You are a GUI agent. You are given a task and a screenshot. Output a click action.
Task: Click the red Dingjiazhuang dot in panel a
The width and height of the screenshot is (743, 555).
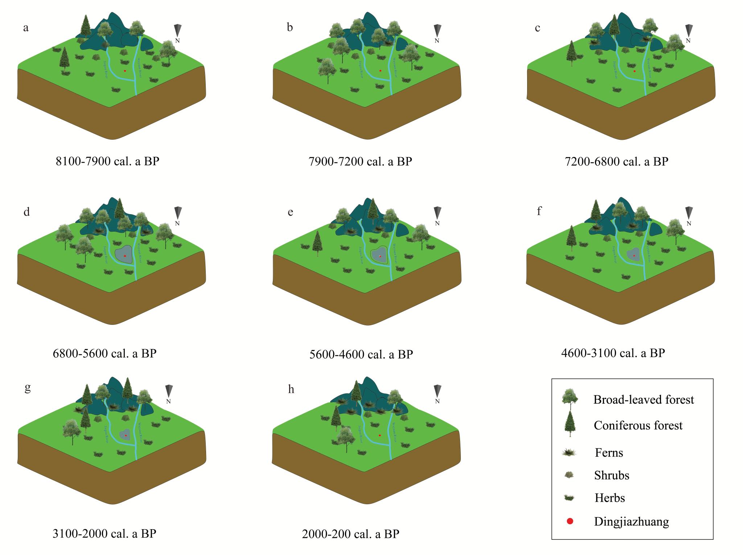pyautogui.click(x=125, y=71)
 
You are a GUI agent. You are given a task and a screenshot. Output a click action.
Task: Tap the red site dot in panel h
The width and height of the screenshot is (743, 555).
pyautogui.click(x=380, y=435)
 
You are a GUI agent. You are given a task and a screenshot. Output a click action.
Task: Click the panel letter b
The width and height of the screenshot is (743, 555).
pyautogui.click(x=290, y=28)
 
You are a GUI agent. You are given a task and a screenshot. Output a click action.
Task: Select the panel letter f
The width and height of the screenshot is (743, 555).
pyautogui.click(x=539, y=211)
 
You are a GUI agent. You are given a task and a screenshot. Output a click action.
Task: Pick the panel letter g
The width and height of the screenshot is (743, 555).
pyautogui.click(x=27, y=388)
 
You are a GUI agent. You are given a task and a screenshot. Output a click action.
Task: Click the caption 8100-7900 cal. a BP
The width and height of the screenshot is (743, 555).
pyautogui.click(x=107, y=161)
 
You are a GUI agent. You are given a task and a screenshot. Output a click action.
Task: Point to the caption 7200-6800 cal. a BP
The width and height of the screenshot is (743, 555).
pyautogui.click(x=616, y=161)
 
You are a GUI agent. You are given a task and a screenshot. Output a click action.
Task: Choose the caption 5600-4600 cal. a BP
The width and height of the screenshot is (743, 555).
pyautogui.click(x=361, y=354)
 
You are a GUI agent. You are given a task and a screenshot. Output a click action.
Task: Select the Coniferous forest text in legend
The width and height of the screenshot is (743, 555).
pyautogui.click(x=638, y=425)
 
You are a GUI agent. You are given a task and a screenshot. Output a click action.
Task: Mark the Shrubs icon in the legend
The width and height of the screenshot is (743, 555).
pyautogui.click(x=569, y=475)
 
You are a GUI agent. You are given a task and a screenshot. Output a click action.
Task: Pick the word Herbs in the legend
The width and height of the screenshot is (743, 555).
pyautogui.click(x=609, y=498)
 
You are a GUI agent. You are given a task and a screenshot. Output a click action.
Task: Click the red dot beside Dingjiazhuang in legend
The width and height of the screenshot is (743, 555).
pyautogui.click(x=570, y=521)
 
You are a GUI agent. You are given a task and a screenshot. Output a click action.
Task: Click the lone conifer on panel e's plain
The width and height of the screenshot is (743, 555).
pyautogui.click(x=317, y=243)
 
